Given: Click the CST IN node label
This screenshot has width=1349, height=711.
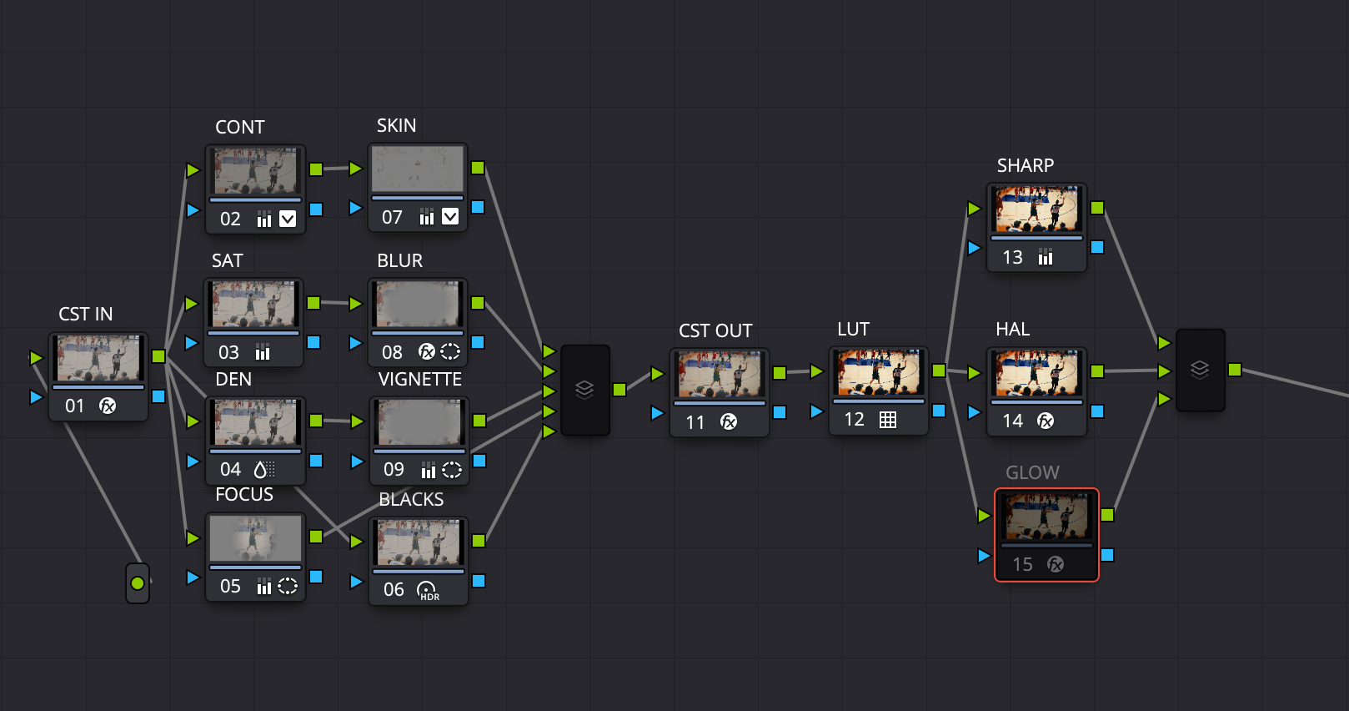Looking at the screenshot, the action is pos(86,314).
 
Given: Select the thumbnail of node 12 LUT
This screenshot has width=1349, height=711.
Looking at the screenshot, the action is pos(879,371).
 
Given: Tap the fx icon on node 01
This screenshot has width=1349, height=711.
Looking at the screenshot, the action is pos(108,406).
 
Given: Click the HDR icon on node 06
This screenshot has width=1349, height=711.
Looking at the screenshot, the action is pos(428,591).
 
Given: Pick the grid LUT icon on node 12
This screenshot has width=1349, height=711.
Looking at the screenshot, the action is pos(888,420).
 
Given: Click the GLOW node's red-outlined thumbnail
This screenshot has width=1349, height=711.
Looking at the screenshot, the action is pos(1046,517).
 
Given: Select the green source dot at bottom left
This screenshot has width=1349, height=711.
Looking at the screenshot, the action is pos(138,583).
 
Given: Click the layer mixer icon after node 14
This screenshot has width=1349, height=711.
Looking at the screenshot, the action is pos(1200,370).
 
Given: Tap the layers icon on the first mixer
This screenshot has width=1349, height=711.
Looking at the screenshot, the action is pos(584,390).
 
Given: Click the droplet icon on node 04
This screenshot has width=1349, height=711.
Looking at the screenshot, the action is pos(260,469).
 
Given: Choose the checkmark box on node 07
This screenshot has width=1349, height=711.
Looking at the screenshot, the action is pos(450,217).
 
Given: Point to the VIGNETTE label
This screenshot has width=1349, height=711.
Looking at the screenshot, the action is pos(419,380).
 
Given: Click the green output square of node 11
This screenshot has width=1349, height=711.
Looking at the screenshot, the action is pos(780,373).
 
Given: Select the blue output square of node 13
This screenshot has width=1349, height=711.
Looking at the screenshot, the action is pos(1097,247).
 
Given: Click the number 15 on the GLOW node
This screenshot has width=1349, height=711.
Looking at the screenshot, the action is pos(1022,565).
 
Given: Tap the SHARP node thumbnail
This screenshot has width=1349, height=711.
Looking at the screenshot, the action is pos(1036,209).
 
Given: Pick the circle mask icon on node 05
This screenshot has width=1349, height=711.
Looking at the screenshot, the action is pos(288,587).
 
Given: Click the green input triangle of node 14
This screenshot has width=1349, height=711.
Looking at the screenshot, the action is pos(974,373).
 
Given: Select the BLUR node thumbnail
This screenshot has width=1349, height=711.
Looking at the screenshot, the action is pos(418,304).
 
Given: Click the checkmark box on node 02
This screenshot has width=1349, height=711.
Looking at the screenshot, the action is pos(288,219).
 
